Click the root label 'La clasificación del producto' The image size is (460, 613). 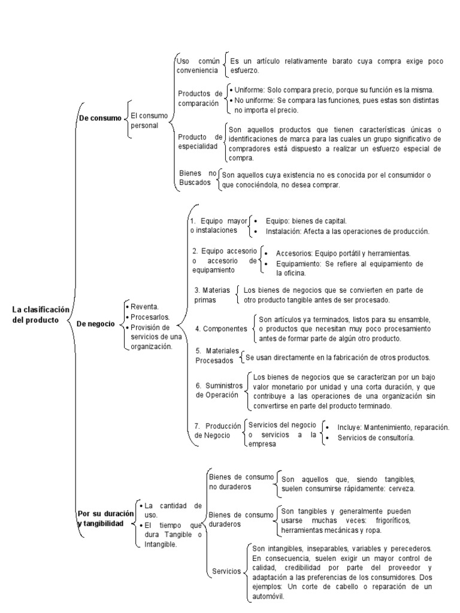click(41, 314)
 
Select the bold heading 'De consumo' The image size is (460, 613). click(99, 118)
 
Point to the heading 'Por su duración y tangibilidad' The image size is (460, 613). click(105, 518)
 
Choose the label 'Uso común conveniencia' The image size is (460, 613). click(198, 65)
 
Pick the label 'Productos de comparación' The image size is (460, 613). click(199, 98)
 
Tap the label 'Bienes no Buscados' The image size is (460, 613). click(197, 178)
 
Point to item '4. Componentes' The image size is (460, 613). click(221, 329)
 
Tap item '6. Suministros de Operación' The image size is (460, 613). click(218, 391)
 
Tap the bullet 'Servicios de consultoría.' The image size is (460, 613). click(376, 438)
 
